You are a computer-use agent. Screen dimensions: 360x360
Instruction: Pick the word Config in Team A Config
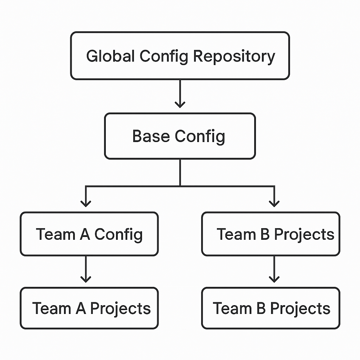pos(118,234)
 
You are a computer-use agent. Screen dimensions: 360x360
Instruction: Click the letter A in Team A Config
pos(85,234)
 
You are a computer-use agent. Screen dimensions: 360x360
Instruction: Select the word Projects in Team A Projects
pos(121,309)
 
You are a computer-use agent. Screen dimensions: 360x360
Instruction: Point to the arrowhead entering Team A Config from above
pos(85,203)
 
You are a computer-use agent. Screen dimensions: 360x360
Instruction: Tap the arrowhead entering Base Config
pos(180,104)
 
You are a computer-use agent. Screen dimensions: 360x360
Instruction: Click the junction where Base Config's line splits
pos(180,186)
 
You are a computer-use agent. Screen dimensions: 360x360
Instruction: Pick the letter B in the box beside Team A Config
pos(265,234)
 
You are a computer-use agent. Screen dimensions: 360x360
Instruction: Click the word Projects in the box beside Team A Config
pos(304,234)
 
